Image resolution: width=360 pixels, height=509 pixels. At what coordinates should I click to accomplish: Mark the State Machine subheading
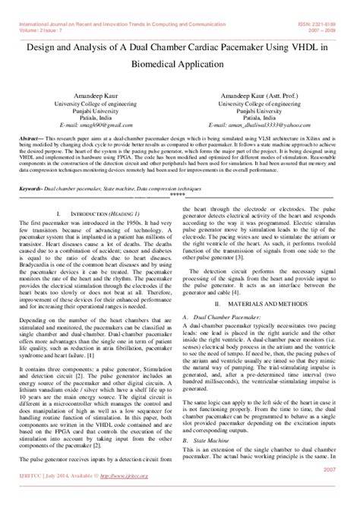coord(216,440)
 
